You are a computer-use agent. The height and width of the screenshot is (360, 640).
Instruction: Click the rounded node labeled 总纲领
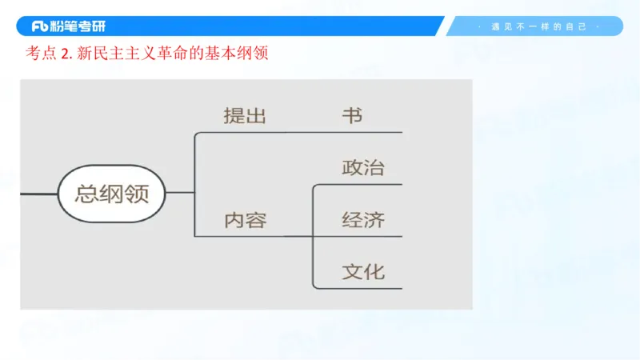(112, 193)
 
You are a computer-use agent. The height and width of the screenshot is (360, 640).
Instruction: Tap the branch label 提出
(244, 115)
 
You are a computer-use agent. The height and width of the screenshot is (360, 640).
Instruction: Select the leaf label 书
(352, 115)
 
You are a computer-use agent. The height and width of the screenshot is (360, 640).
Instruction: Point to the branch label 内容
(244, 220)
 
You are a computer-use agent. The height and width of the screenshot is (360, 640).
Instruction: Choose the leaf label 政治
(363, 167)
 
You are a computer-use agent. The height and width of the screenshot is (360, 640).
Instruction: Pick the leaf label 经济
(363, 220)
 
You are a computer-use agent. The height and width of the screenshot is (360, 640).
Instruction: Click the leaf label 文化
(363, 271)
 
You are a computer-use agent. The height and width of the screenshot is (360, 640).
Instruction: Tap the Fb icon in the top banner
(41, 26)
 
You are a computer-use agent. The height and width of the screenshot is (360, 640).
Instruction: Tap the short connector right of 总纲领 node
(181, 193)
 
